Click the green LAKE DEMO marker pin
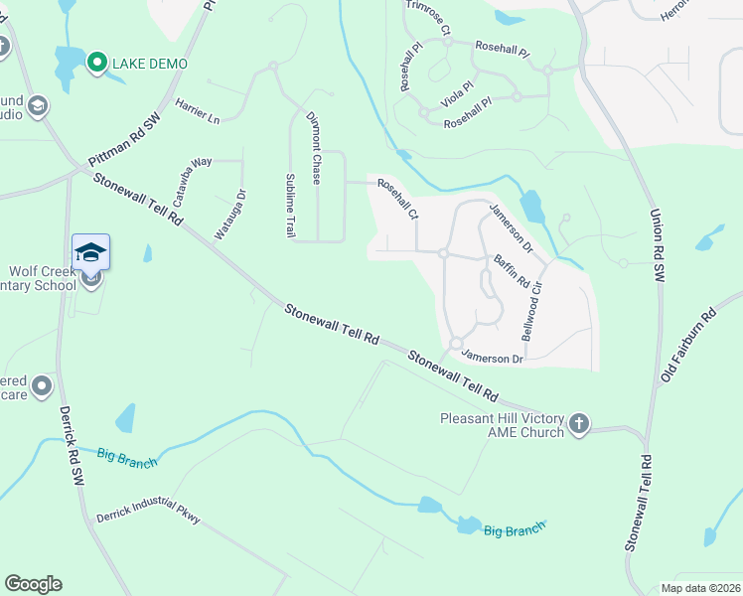[x=96, y=63]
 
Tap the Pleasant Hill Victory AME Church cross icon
[x=578, y=426]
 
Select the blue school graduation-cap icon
[x=90, y=252]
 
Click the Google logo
[x=33, y=584]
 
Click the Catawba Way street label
[x=194, y=175]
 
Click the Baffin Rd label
[x=512, y=272]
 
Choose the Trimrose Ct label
[x=427, y=18]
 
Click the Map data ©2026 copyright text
[x=699, y=588]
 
